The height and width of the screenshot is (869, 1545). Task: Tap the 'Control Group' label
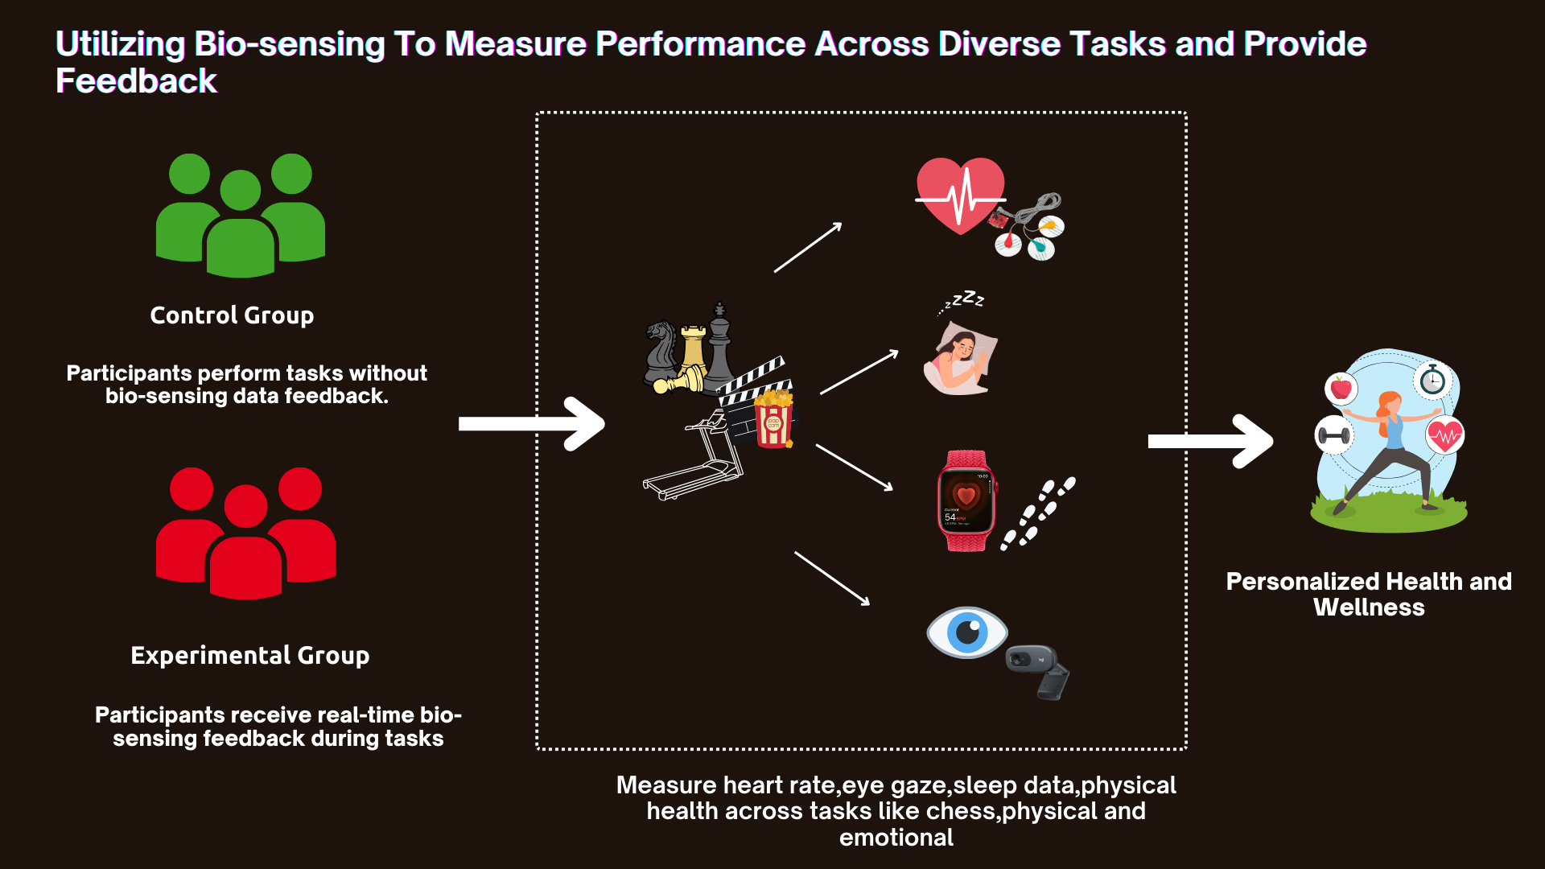point(232,315)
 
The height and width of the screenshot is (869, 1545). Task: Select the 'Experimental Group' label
point(250,656)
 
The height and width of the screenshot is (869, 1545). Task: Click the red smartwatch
point(966,500)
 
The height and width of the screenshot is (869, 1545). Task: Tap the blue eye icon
point(966,632)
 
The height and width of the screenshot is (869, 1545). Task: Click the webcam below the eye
point(1039,669)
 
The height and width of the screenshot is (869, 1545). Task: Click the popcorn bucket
point(774,418)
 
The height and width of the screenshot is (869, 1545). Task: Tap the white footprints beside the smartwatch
point(1037,514)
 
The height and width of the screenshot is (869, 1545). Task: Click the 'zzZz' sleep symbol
point(963,301)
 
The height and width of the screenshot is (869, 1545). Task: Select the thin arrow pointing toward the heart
point(807,248)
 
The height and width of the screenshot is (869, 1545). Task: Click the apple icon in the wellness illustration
point(1341,389)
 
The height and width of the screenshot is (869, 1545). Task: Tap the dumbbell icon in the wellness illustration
point(1333,436)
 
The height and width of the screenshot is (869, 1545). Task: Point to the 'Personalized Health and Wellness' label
point(1369,594)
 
